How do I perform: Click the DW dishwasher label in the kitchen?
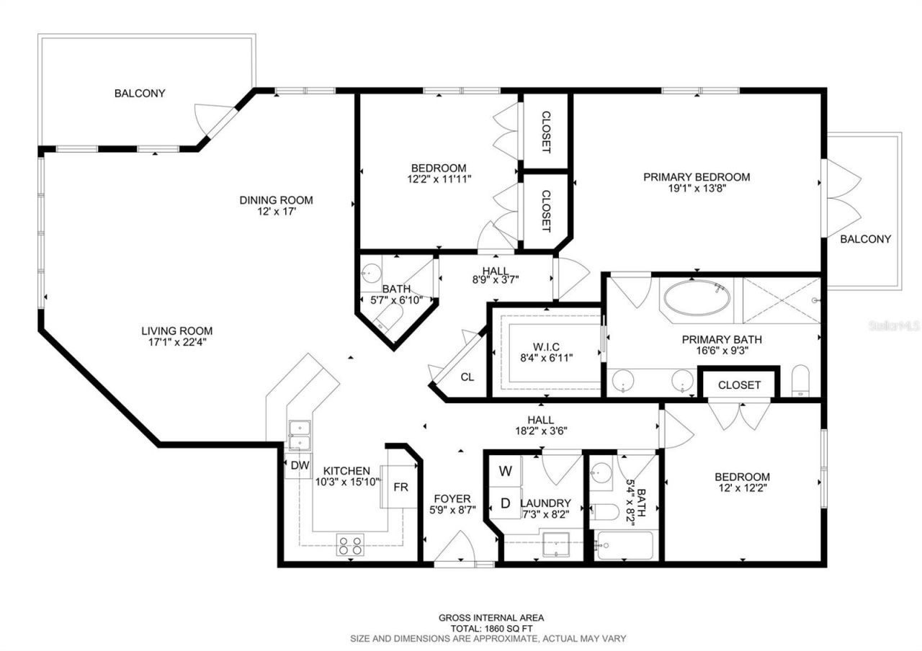pyautogui.click(x=300, y=465)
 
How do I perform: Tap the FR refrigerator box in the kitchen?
pyautogui.click(x=400, y=487)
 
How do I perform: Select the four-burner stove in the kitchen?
pyautogui.click(x=351, y=544)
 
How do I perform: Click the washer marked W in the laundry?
pyautogui.click(x=506, y=472)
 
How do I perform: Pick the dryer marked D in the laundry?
pyautogui.click(x=506, y=503)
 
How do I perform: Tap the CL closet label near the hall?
pyautogui.click(x=467, y=377)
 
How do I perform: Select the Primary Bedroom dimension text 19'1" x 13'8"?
pyautogui.click(x=697, y=189)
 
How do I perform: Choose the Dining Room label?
pyautogui.click(x=276, y=200)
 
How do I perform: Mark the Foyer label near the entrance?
pyautogui.click(x=452, y=498)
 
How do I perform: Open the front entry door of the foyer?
pyautogui.click(x=455, y=551)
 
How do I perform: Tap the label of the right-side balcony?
pyautogui.click(x=865, y=239)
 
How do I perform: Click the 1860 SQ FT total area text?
pyautogui.click(x=491, y=628)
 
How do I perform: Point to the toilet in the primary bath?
pyautogui.click(x=801, y=382)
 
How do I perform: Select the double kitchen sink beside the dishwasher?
pyautogui.click(x=299, y=436)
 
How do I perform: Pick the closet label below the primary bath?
pyautogui.click(x=739, y=385)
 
